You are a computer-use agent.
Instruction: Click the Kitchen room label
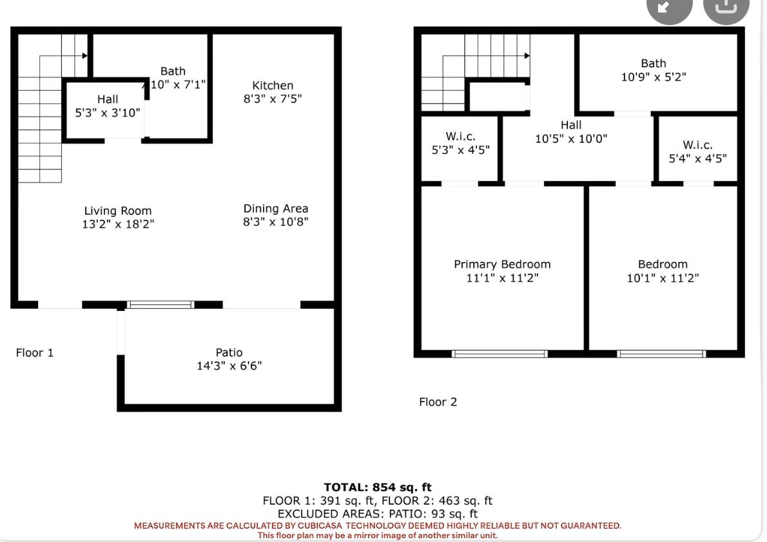point(273,86)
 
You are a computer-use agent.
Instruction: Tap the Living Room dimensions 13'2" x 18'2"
point(118,224)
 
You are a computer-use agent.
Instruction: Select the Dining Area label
point(276,209)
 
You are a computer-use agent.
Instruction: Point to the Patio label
point(229,352)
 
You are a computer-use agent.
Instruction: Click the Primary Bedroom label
point(502,265)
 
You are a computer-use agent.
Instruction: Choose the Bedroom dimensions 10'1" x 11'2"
point(663,278)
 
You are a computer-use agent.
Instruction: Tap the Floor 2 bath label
point(654,64)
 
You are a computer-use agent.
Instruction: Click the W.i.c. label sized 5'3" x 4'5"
point(460,136)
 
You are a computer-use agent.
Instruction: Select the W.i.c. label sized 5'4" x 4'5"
point(697,145)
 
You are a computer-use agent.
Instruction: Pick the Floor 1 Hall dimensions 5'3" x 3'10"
point(108,113)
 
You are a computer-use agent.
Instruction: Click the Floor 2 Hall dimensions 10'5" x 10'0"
point(571,139)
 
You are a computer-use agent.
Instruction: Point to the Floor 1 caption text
point(35,353)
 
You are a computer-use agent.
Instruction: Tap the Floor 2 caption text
point(438,402)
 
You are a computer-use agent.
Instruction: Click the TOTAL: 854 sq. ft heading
point(378,487)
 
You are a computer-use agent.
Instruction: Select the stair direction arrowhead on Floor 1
point(84,56)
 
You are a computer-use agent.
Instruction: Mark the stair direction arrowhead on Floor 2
point(527,56)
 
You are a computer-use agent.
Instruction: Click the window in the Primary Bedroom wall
point(500,354)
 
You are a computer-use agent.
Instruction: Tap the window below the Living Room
point(160,305)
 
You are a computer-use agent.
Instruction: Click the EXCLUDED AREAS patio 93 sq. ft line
point(378,514)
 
